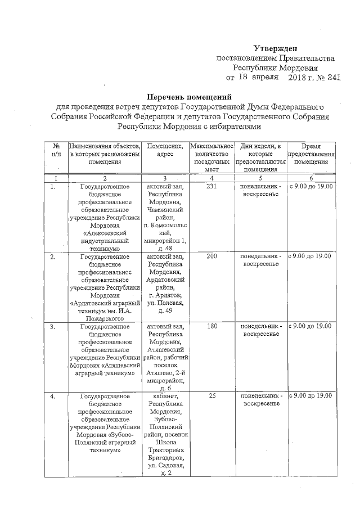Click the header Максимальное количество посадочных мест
pos(211,157)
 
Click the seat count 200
pos(211,256)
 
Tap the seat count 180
pos(211,327)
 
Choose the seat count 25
pos(211,397)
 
